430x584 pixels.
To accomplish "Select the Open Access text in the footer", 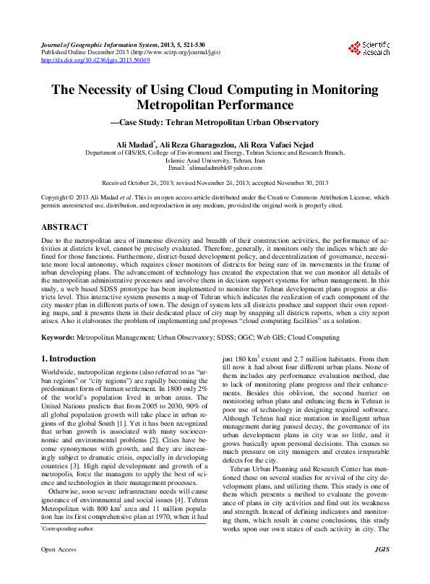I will tap(58, 570).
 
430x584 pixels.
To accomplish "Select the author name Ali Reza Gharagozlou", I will tap(192, 145).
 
